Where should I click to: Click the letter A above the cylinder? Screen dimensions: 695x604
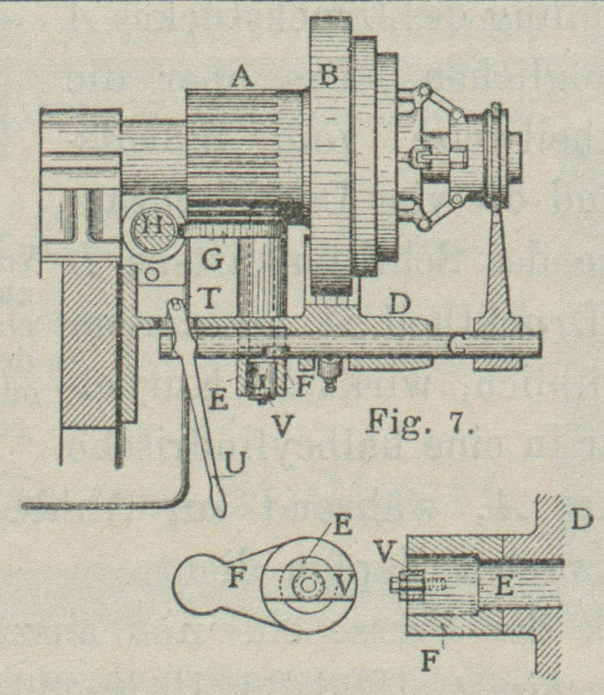click(x=243, y=78)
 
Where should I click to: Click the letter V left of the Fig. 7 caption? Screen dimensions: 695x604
click(x=282, y=426)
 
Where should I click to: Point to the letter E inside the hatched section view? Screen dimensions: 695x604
click(x=505, y=586)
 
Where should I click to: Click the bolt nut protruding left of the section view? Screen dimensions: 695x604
click(x=399, y=584)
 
